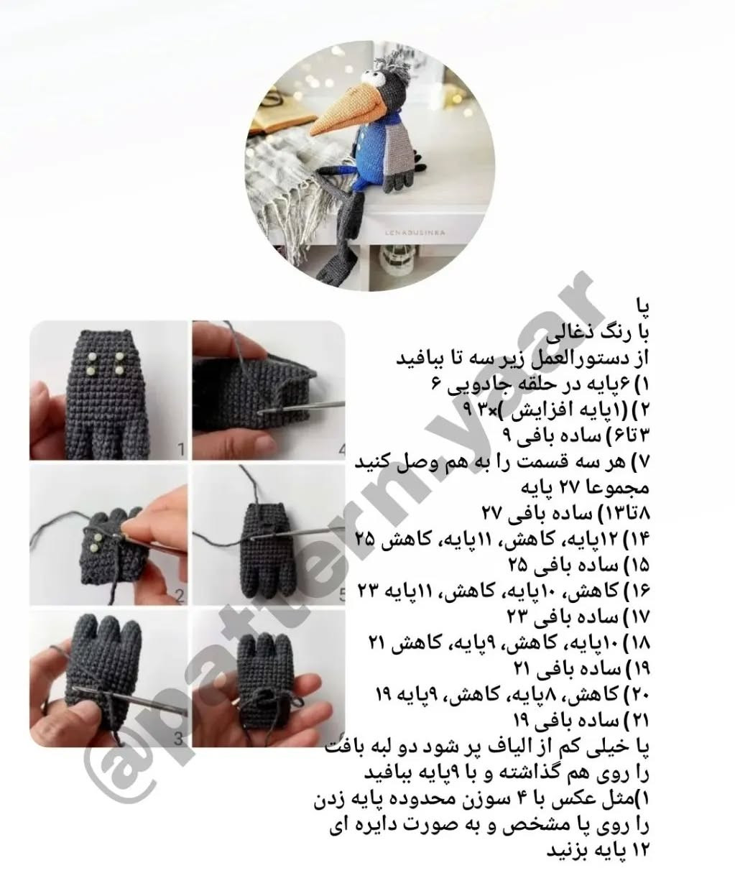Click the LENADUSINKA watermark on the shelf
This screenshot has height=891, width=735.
pyautogui.click(x=415, y=233)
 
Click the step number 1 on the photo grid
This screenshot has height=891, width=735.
pyautogui.click(x=181, y=449)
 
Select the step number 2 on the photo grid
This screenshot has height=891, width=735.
pyautogui.click(x=180, y=596)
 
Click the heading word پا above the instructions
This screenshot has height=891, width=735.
pyautogui.click(x=641, y=306)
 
